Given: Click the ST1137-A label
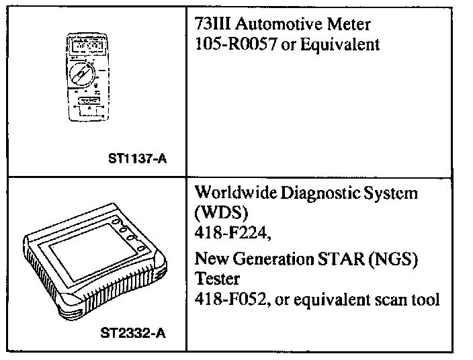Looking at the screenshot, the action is [137, 159].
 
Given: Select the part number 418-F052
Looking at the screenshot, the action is [226, 298].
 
